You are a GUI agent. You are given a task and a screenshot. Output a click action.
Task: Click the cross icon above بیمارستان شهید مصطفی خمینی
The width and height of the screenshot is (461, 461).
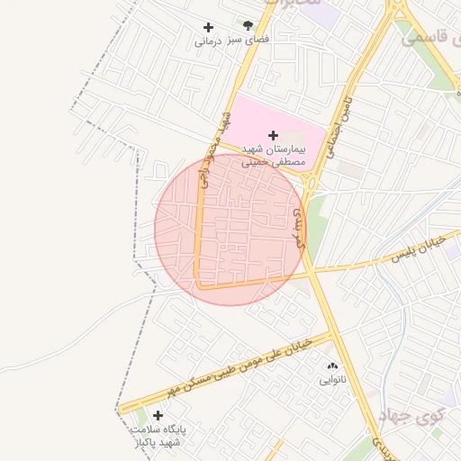point(274,135)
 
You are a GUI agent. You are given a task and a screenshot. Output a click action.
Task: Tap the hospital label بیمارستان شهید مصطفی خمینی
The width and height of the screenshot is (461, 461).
point(275,155)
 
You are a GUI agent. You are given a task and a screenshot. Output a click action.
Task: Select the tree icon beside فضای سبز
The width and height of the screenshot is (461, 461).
point(248,26)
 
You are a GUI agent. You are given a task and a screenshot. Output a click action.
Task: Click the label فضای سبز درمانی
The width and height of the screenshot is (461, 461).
point(232,41)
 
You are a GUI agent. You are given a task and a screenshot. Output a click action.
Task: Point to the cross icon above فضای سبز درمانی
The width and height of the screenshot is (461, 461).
point(209,28)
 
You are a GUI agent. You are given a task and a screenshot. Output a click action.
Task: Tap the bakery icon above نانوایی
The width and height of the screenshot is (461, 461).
point(332,366)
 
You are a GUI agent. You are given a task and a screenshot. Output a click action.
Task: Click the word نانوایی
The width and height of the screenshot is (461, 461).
point(332,380)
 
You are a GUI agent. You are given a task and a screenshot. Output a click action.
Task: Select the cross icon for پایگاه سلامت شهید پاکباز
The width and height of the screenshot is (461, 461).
point(158,416)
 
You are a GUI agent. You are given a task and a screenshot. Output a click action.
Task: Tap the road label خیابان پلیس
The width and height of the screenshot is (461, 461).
point(420,250)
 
